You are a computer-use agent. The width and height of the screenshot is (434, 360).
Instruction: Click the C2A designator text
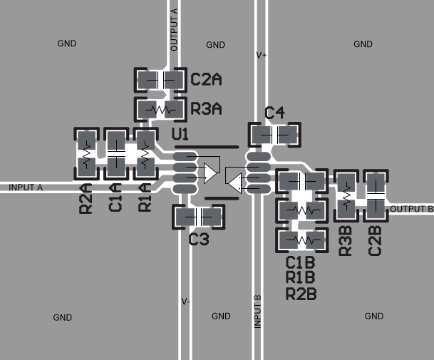point(206,79)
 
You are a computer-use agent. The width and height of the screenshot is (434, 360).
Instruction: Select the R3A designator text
point(207,110)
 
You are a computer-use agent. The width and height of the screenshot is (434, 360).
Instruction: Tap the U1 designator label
point(180,134)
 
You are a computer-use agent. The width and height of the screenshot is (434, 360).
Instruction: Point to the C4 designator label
point(274,113)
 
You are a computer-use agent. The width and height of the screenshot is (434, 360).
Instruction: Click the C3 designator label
point(199,240)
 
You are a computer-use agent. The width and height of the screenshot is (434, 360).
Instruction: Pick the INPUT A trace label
point(26,187)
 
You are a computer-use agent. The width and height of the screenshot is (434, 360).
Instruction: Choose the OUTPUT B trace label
point(411,209)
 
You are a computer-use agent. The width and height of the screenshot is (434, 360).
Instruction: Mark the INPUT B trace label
point(258,311)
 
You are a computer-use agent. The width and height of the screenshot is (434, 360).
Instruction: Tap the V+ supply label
point(262,54)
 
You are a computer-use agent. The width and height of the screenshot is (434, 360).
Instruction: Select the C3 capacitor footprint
point(198,217)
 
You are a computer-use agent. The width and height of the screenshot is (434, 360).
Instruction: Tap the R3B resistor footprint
point(346,196)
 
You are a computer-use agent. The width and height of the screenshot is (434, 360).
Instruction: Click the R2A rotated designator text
point(86,198)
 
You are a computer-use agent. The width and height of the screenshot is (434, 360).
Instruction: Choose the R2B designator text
point(301,292)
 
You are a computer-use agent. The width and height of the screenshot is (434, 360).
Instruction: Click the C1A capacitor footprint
point(116,153)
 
